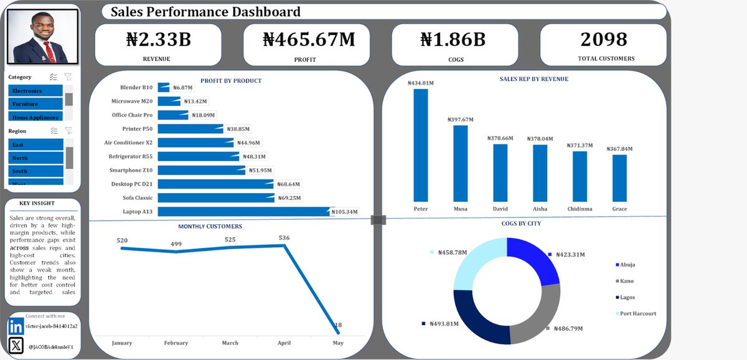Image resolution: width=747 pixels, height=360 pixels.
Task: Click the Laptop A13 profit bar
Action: point(243,212)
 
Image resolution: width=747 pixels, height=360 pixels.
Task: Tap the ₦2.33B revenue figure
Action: point(157,39)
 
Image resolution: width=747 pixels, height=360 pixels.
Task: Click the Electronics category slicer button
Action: point(35,91)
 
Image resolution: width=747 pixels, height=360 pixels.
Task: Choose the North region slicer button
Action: point(35,158)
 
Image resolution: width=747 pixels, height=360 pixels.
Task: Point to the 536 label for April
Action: point(284,237)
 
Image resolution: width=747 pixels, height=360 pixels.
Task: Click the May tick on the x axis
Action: point(338,343)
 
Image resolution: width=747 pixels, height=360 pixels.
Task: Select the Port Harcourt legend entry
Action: point(634,314)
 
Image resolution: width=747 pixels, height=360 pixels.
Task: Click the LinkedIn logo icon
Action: point(16,326)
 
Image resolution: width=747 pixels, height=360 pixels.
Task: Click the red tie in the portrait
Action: point(46,52)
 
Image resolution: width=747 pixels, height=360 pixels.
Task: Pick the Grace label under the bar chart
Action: point(619,209)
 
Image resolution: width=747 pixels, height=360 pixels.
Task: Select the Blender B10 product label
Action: point(132,87)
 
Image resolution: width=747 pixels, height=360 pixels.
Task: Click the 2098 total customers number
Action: point(604,39)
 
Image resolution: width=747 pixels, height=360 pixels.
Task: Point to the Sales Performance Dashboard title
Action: point(205,12)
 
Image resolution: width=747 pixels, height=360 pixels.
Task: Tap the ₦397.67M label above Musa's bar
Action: point(460,120)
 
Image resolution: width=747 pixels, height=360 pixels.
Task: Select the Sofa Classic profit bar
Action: point(215,198)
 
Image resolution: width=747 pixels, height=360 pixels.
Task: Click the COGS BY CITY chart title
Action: point(525,223)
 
